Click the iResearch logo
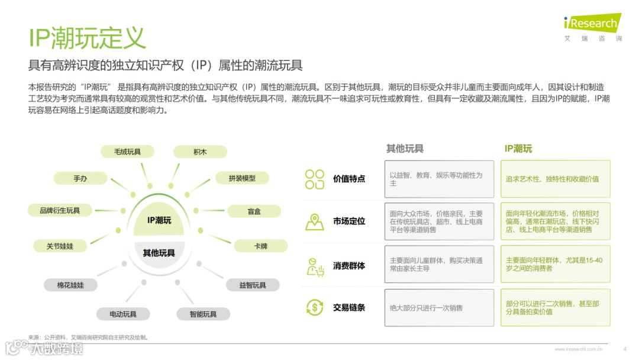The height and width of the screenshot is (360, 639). tap(592, 24)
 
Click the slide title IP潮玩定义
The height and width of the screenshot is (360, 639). tap(87, 38)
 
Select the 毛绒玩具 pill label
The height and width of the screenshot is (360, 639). tap(128, 152)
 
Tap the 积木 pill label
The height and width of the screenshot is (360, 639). tap(200, 152)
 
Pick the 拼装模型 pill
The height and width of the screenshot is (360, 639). tap(242, 178)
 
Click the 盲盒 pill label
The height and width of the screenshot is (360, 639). tap(254, 211)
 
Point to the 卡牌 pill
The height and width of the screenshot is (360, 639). tap(261, 246)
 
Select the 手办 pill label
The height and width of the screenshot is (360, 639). tap(80, 178)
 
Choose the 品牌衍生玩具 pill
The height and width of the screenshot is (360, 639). tap(60, 210)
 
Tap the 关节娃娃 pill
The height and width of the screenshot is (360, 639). tap(60, 246)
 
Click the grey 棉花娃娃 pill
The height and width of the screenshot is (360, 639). tap(70, 285)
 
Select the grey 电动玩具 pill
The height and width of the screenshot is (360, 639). tap(123, 314)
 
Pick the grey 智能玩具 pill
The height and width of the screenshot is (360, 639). tap(203, 314)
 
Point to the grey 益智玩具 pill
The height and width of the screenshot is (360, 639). tap(253, 285)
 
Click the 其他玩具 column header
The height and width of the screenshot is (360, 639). tap(405, 149)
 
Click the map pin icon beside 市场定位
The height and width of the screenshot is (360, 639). tap(314, 221)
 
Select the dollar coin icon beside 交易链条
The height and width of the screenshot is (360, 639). tap(314, 307)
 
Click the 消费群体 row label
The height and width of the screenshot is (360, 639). tap(349, 266)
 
